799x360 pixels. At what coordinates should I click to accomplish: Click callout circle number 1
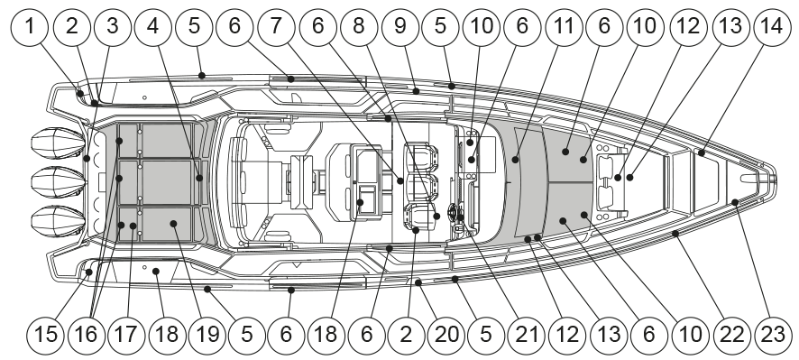[x=30, y=27]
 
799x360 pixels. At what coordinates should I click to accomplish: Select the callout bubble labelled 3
[x=113, y=27]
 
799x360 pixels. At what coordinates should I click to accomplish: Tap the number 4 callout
[x=153, y=27]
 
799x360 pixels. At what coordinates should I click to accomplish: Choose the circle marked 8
[x=359, y=27]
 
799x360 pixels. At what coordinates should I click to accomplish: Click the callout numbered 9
[x=400, y=27]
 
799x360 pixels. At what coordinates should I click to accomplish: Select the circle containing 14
[x=773, y=27]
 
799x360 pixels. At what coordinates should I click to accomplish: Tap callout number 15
[x=46, y=335]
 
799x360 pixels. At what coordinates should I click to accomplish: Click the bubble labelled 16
[x=86, y=335]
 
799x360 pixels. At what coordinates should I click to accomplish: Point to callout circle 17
[x=126, y=335]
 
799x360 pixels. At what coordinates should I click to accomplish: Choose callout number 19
[x=207, y=335]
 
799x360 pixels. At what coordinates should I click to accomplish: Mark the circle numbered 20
[x=447, y=335]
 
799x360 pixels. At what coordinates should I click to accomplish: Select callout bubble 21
[x=528, y=335]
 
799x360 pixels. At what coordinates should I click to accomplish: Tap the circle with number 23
[x=774, y=335]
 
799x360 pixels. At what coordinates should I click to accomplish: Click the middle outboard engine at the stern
[x=58, y=182]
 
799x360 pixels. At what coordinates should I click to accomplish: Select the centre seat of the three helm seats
[x=421, y=187]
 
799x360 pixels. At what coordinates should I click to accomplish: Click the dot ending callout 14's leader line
[x=702, y=153]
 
